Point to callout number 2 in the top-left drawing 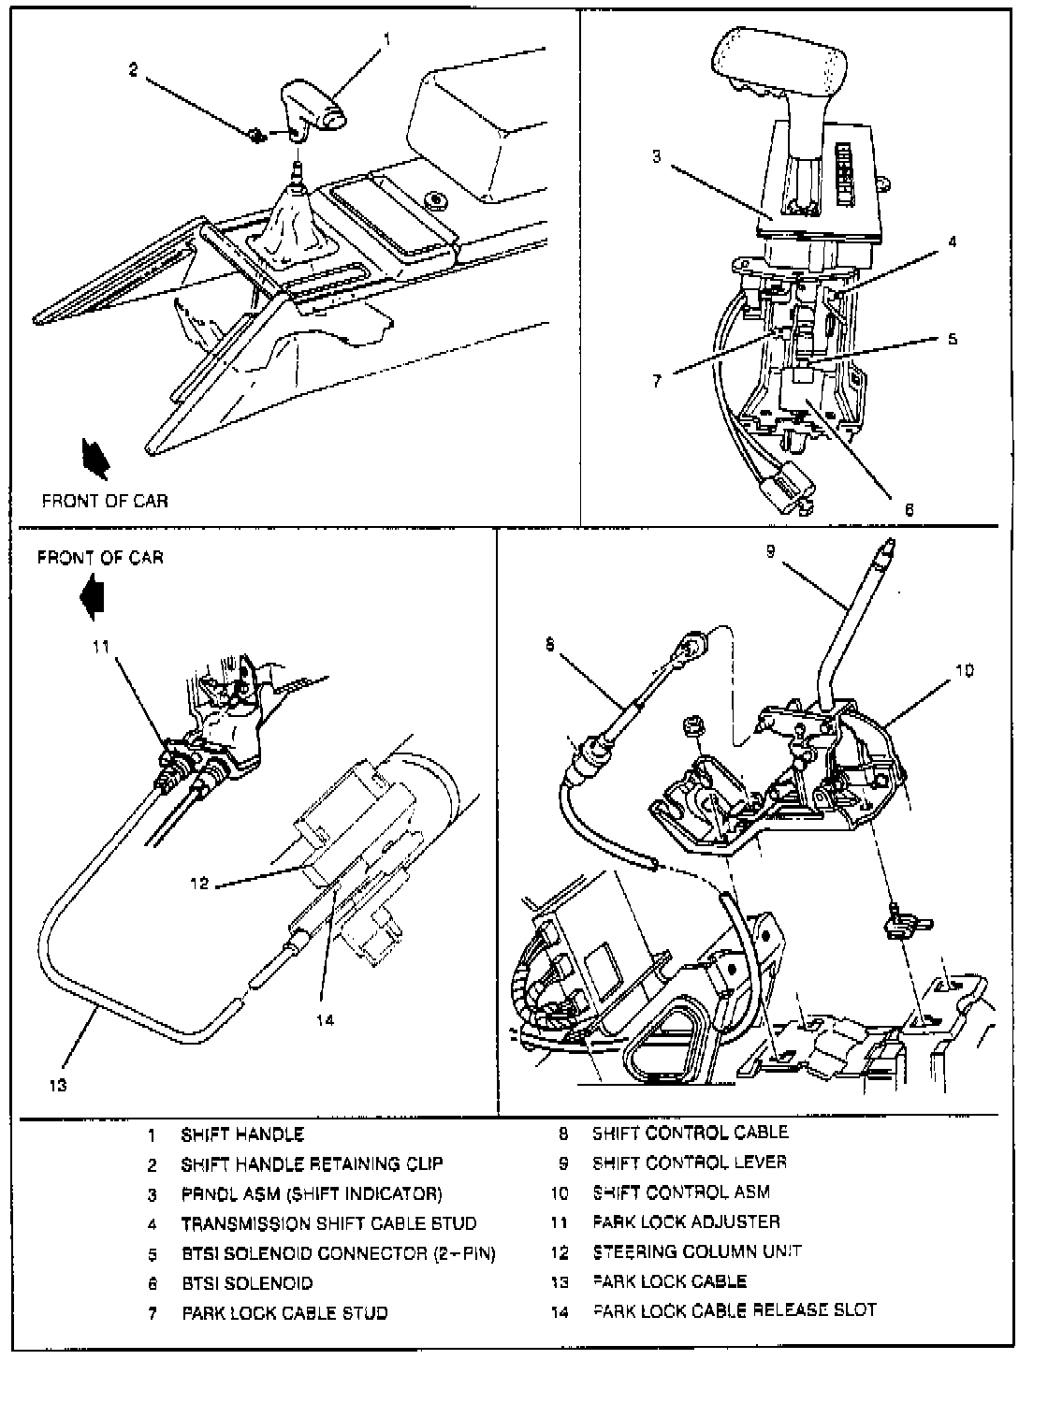pos(134,70)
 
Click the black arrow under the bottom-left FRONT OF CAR pos(95,595)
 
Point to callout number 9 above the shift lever pos(770,552)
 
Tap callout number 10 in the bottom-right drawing pos(966,670)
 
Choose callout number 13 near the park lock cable pos(58,1085)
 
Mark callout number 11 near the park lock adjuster pos(101,645)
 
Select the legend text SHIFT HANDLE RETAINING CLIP pos(312,1164)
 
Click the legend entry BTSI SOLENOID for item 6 pos(247,1283)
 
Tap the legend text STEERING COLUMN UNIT pos(697,1251)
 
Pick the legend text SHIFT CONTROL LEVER pos(690,1163)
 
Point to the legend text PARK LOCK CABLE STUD pos(284,1313)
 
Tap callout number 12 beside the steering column pos(198,882)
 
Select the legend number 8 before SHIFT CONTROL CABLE pos(563,1133)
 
